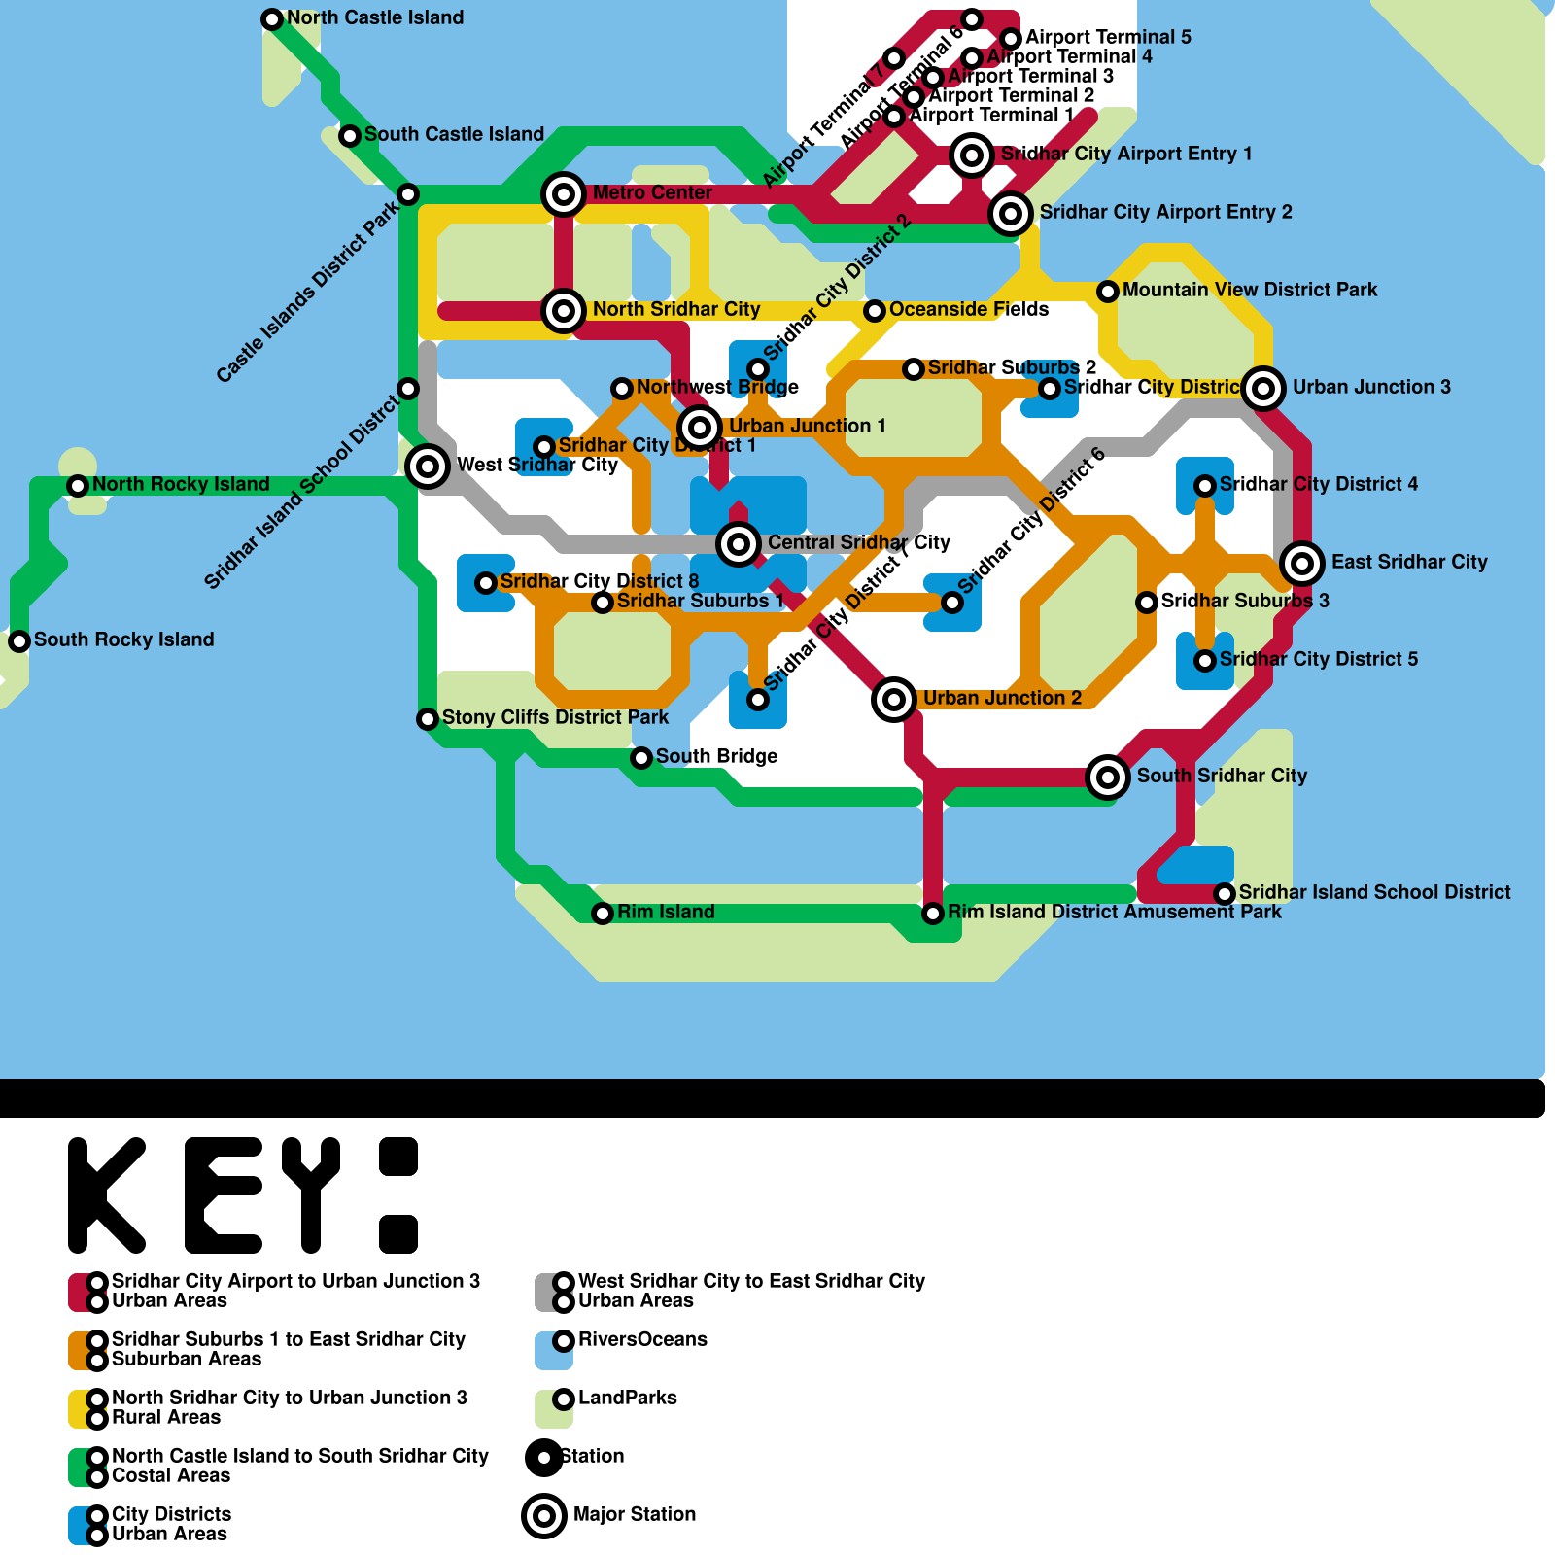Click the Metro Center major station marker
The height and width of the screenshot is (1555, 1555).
pos(564,194)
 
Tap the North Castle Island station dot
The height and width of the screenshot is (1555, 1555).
pos(272,19)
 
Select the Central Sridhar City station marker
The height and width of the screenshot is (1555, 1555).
pos(739,543)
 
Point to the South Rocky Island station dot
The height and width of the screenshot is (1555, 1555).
pos(19,641)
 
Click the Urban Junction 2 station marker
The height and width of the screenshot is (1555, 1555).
pos(894,699)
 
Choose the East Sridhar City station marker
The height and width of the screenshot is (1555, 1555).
pos(1302,563)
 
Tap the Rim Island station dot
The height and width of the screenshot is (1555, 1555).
pos(603,914)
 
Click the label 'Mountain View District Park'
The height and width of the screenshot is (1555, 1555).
pos(1249,290)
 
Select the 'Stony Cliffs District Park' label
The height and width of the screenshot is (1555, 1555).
pos(555,717)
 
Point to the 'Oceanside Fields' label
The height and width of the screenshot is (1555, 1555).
pos(968,309)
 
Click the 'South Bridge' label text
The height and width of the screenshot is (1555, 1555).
pos(716,756)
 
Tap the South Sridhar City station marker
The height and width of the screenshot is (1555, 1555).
pos(1108,777)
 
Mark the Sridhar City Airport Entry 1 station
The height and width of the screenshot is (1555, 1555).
pos(972,155)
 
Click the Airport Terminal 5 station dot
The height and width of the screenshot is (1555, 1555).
pos(1011,39)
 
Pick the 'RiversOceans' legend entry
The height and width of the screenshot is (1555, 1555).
pos(642,1339)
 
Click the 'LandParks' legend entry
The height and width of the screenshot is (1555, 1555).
pos(627,1398)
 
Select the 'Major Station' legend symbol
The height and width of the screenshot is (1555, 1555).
pos(544,1515)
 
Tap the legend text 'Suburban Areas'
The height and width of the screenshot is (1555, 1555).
pos(187,1359)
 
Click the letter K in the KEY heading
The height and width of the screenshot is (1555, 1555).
pos(107,1195)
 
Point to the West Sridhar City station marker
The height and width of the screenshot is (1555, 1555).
pos(428,466)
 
